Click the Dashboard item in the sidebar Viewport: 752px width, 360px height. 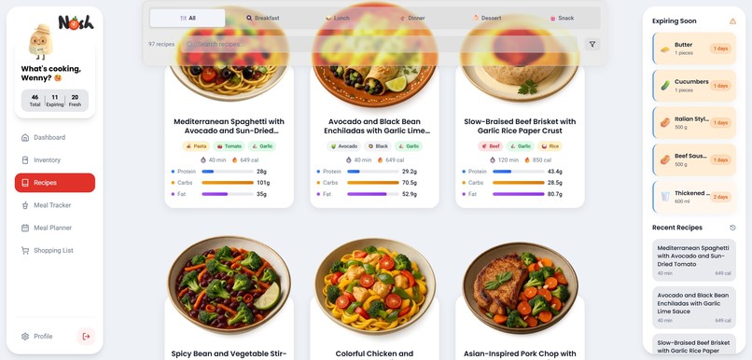tap(49, 137)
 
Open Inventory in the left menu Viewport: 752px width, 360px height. tap(47, 160)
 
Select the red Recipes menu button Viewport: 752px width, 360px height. tap(54, 183)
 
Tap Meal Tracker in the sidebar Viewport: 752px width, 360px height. tap(51, 205)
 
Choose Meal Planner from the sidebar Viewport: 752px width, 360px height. tap(52, 228)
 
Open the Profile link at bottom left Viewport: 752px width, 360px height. tap(43, 336)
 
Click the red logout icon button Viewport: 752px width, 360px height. tap(86, 336)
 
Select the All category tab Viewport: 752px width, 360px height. tap(188, 18)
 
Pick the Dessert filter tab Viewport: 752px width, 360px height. tap(487, 18)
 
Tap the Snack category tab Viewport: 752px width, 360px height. tap(562, 18)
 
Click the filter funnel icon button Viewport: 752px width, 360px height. tap(592, 44)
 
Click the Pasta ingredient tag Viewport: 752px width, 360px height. tap(197, 146)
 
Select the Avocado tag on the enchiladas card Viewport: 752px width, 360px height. tap(342, 146)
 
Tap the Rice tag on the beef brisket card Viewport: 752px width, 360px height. tap(550, 146)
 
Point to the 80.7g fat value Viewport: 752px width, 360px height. tap(554, 194)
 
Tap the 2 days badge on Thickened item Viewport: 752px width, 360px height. tap(721, 197)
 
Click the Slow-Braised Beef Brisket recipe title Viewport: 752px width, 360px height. tap(520, 126)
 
